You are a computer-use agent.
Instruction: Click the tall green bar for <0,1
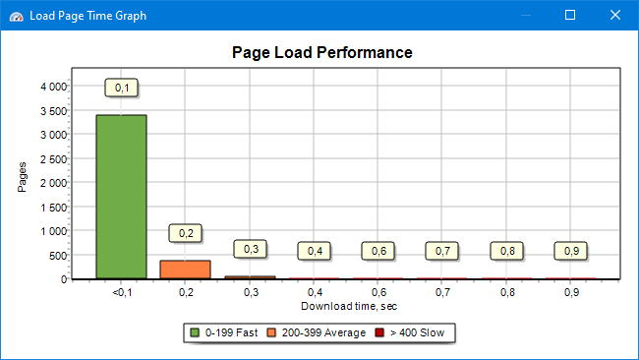pyautogui.click(x=121, y=197)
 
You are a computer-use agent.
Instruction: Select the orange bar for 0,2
pyautogui.click(x=185, y=270)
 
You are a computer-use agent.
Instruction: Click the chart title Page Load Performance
pyautogui.click(x=321, y=52)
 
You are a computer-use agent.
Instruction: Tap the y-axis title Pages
pyautogui.click(x=23, y=176)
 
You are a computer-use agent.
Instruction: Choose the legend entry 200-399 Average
pyautogui.click(x=319, y=333)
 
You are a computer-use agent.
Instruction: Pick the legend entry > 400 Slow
pyautogui.click(x=411, y=333)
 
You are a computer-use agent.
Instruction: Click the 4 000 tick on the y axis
pyautogui.click(x=52, y=87)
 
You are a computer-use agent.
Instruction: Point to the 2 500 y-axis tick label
pyautogui.click(x=52, y=158)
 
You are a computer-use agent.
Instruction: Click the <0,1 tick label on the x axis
pyautogui.click(x=121, y=293)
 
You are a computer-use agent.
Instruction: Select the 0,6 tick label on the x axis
pyautogui.click(x=378, y=293)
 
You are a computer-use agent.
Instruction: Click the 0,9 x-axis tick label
pyautogui.click(x=571, y=293)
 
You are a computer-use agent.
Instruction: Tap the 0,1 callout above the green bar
pyautogui.click(x=122, y=89)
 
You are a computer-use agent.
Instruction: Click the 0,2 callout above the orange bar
pyautogui.click(x=186, y=233)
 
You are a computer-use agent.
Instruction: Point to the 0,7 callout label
pyautogui.click(x=442, y=251)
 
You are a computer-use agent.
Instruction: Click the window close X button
pyautogui.click(x=615, y=15)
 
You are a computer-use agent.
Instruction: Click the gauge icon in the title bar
pyautogui.click(x=16, y=16)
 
